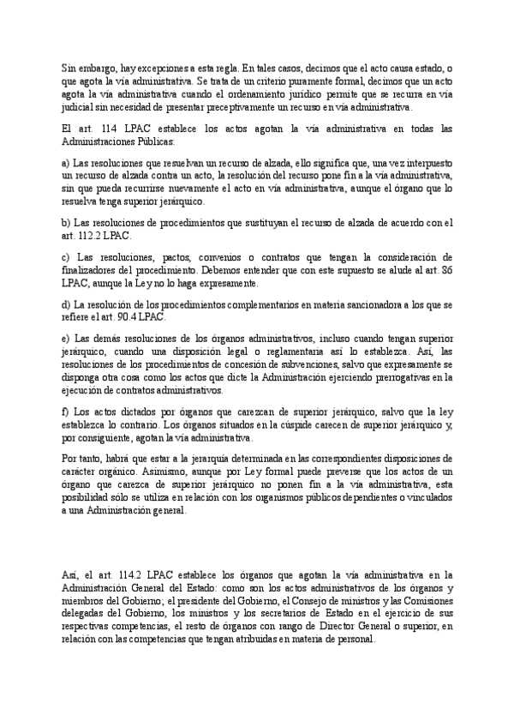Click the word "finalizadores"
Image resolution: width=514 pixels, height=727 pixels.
tap(93, 269)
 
